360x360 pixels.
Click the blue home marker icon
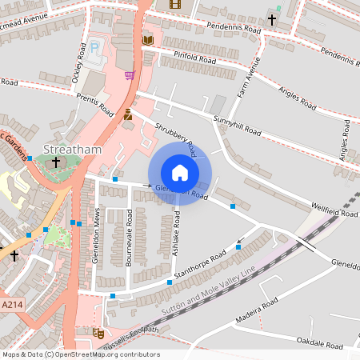point(180,173)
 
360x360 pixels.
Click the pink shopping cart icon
point(130,75)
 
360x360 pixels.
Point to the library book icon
point(147,39)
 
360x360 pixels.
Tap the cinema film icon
point(175,4)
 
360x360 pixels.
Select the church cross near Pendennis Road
point(272,20)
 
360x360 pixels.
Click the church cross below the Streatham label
point(55,162)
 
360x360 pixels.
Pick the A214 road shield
point(12,305)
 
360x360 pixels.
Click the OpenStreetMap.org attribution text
point(104,354)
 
